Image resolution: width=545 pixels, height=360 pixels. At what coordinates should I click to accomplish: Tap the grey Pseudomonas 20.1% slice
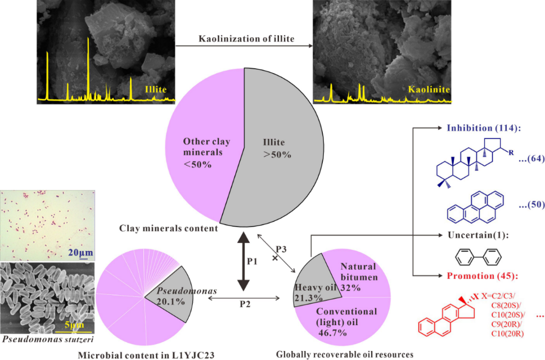[169, 298]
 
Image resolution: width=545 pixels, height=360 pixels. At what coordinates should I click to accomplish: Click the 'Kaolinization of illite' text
[246, 39]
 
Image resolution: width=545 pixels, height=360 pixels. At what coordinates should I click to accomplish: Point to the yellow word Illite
[156, 88]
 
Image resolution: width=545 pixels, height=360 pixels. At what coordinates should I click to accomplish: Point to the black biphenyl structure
[477, 258]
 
